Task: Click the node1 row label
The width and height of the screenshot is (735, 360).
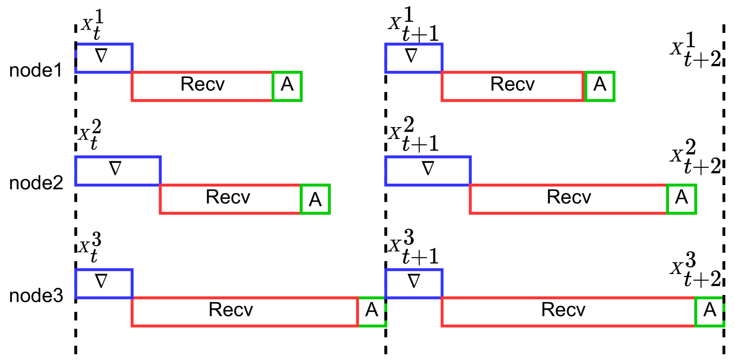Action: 35,70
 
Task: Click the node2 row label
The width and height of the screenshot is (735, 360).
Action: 36,183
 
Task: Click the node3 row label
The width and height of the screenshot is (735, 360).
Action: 36,296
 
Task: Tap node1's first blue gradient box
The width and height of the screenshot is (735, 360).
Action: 104,58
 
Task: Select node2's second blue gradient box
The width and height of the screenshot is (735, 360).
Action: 428,171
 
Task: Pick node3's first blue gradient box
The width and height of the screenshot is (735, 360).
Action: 104,283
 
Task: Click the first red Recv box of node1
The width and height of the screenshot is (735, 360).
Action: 202,86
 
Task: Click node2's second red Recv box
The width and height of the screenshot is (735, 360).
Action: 568,199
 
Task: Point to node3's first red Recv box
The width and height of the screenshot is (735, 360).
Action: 245,312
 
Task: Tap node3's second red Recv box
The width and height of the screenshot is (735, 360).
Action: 568,312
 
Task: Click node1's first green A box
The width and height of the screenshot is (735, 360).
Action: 287,86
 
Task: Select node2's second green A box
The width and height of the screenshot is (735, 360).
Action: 681,199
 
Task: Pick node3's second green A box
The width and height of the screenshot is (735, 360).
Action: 710,312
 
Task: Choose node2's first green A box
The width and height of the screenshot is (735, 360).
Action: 315,199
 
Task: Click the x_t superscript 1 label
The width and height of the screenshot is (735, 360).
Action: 92,24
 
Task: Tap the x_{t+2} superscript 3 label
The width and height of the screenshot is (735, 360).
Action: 696,269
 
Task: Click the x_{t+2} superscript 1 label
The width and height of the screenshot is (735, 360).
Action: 696,50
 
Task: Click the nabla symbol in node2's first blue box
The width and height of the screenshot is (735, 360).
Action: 115,168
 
